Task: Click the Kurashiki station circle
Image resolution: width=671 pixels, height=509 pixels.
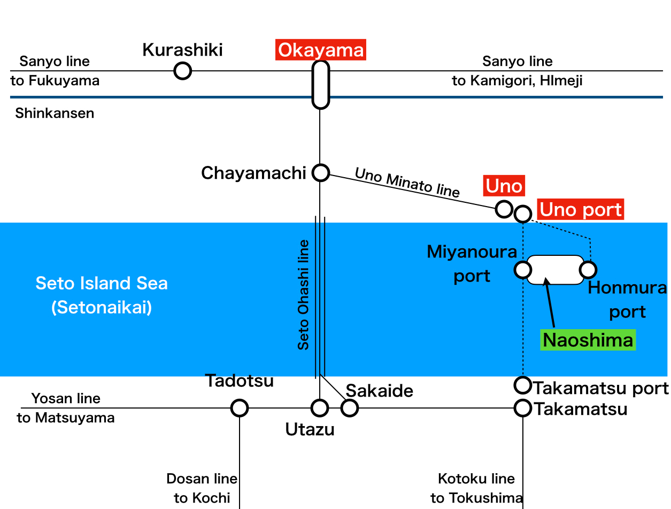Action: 183,71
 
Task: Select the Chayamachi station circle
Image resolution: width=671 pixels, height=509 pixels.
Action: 320,172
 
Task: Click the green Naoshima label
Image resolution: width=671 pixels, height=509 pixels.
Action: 588,340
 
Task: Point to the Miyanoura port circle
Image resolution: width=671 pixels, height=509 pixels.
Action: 522,269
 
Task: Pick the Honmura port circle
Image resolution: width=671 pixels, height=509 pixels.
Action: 589,269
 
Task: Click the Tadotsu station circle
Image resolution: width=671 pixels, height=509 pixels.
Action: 240,408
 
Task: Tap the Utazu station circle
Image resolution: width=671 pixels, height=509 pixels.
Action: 320,408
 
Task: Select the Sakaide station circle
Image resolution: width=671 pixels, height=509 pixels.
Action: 350,408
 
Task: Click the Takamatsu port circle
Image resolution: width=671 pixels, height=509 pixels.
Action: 522,384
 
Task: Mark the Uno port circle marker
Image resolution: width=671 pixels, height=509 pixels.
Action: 522,214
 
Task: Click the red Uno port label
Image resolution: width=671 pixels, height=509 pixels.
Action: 581,210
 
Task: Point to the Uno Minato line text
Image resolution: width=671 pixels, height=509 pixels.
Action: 407,182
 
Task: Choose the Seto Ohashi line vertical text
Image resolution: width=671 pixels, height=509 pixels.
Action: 304,295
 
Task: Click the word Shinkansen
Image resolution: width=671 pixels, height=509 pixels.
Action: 55,113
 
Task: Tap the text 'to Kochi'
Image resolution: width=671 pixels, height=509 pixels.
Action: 202,498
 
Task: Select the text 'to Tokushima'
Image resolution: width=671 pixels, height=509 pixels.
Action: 476,498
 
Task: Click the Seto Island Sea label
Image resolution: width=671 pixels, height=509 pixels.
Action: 102,283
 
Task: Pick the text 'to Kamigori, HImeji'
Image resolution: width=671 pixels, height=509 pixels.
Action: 517,81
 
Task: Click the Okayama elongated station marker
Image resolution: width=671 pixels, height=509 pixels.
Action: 320,85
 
